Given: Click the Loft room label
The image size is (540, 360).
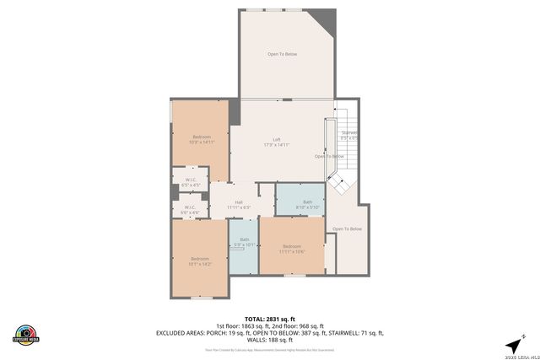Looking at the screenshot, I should (276, 139).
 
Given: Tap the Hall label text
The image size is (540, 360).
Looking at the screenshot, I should (239, 202).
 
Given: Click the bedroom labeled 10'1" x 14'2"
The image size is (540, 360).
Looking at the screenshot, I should (199, 261).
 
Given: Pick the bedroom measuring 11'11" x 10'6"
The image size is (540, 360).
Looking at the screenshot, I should (291, 249).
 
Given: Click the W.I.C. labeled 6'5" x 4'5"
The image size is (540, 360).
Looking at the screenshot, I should (190, 181).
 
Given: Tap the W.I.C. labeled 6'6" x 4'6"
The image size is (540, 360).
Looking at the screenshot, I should (190, 209).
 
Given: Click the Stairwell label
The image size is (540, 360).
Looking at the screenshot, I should (348, 133).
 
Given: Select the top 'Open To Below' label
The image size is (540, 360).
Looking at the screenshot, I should (282, 54).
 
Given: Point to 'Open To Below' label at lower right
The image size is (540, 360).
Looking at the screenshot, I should (347, 229).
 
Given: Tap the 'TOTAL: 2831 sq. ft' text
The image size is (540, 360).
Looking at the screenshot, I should (270, 318).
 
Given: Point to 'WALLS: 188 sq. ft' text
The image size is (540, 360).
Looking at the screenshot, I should (270, 341).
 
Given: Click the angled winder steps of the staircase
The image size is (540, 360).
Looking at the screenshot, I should (336, 183).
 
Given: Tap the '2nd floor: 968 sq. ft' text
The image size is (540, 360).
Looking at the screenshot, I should (294, 325).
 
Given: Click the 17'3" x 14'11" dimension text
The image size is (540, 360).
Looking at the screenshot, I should (276, 145).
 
